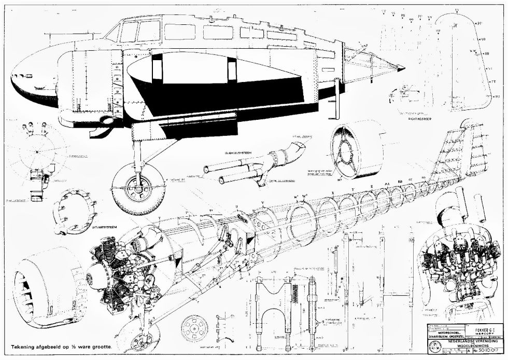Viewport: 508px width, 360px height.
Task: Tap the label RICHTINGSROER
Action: [420, 118]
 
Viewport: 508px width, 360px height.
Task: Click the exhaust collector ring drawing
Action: [76, 211]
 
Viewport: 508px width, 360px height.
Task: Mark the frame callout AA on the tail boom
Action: [386, 183]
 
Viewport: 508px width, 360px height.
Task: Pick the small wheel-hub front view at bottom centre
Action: [195, 327]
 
